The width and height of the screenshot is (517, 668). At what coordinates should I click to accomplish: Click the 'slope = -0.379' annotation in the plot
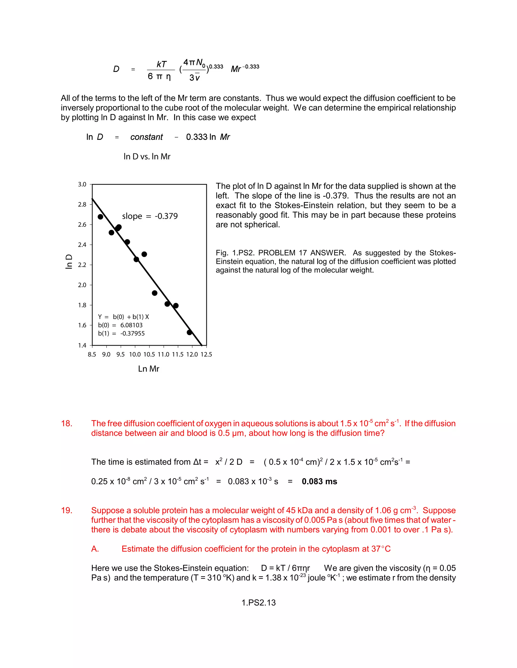[x=150, y=216]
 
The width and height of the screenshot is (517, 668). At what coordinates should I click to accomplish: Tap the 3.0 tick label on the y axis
[x=82, y=185]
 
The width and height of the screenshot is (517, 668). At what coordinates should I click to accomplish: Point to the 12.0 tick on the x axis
[x=192, y=354]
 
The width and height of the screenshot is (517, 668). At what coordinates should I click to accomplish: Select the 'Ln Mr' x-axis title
[x=148, y=369]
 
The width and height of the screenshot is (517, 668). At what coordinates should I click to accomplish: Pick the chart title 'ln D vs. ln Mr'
[x=147, y=157]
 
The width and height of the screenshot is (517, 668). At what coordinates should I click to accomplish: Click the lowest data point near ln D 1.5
[x=189, y=332]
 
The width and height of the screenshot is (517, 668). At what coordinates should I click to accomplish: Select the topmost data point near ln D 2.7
[x=100, y=217]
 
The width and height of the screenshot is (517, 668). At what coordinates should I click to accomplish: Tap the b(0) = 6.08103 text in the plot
[x=120, y=325]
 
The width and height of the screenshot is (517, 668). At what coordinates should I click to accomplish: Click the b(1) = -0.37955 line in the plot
[x=121, y=333]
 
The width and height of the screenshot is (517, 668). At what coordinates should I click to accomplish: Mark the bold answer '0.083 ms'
[x=319, y=481]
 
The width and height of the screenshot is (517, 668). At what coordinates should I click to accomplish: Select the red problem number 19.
[x=66, y=510]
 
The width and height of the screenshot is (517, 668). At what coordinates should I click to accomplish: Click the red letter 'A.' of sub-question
[x=95, y=549]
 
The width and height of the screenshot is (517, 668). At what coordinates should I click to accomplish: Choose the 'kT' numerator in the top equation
[x=161, y=64]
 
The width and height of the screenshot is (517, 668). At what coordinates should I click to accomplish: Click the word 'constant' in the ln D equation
[x=146, y=137]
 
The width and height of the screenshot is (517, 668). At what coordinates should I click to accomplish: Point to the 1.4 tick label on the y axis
[x=82, y=345]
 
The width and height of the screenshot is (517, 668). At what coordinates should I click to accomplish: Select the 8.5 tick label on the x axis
[x=92, y=354]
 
